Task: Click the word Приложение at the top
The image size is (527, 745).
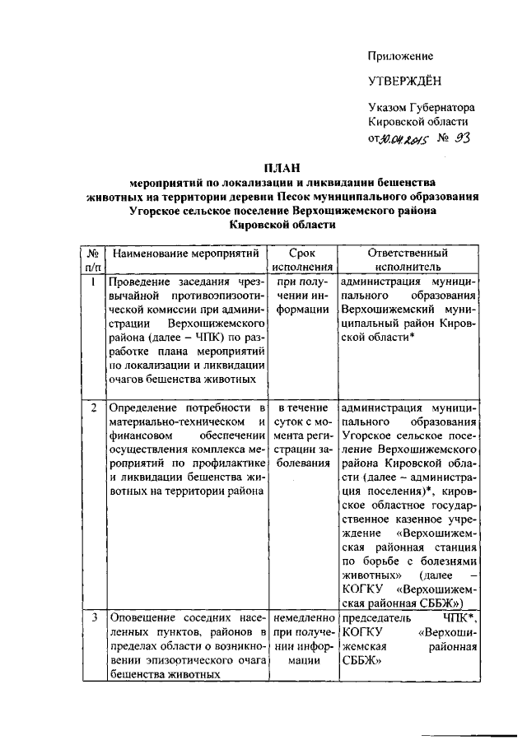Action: pos(400,56)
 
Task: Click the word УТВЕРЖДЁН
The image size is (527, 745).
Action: pos(404,81)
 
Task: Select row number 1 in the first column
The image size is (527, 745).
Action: pos(93,282)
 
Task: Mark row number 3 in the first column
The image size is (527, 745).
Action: pos(93,616)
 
